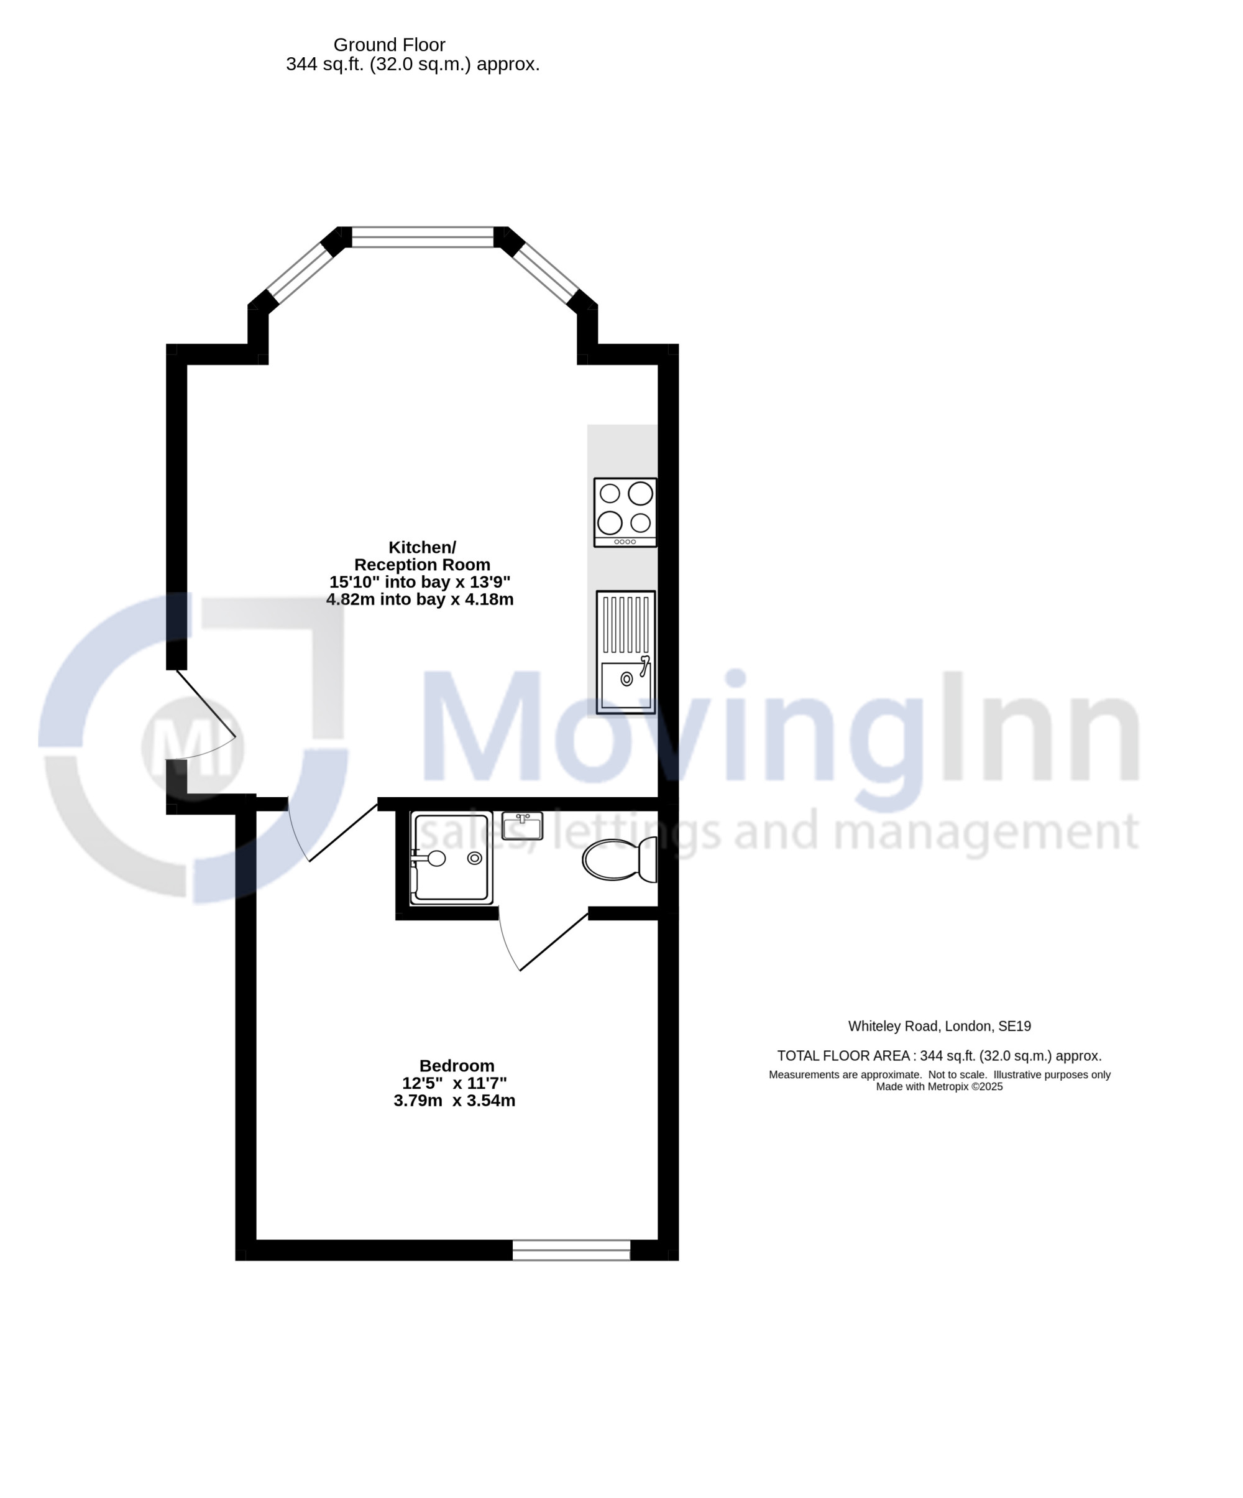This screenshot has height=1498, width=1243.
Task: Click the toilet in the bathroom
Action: [619, 859]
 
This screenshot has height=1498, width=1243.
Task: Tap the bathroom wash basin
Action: [522, 826]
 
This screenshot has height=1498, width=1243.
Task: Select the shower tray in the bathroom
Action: [451, 858]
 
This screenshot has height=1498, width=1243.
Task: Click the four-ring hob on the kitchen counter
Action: [625, 512]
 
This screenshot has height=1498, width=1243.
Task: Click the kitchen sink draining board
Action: [626, 624]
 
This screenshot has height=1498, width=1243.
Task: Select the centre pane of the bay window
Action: [423, 237]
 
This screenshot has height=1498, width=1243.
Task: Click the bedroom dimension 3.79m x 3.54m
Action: [454, 1100]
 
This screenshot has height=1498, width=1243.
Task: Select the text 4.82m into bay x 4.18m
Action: [420, 599]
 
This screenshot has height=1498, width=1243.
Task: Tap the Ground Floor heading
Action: [390, 44]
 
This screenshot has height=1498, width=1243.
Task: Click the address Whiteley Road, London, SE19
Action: [939, 1026]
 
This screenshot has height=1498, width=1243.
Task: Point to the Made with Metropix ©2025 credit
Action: [939, 1086]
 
